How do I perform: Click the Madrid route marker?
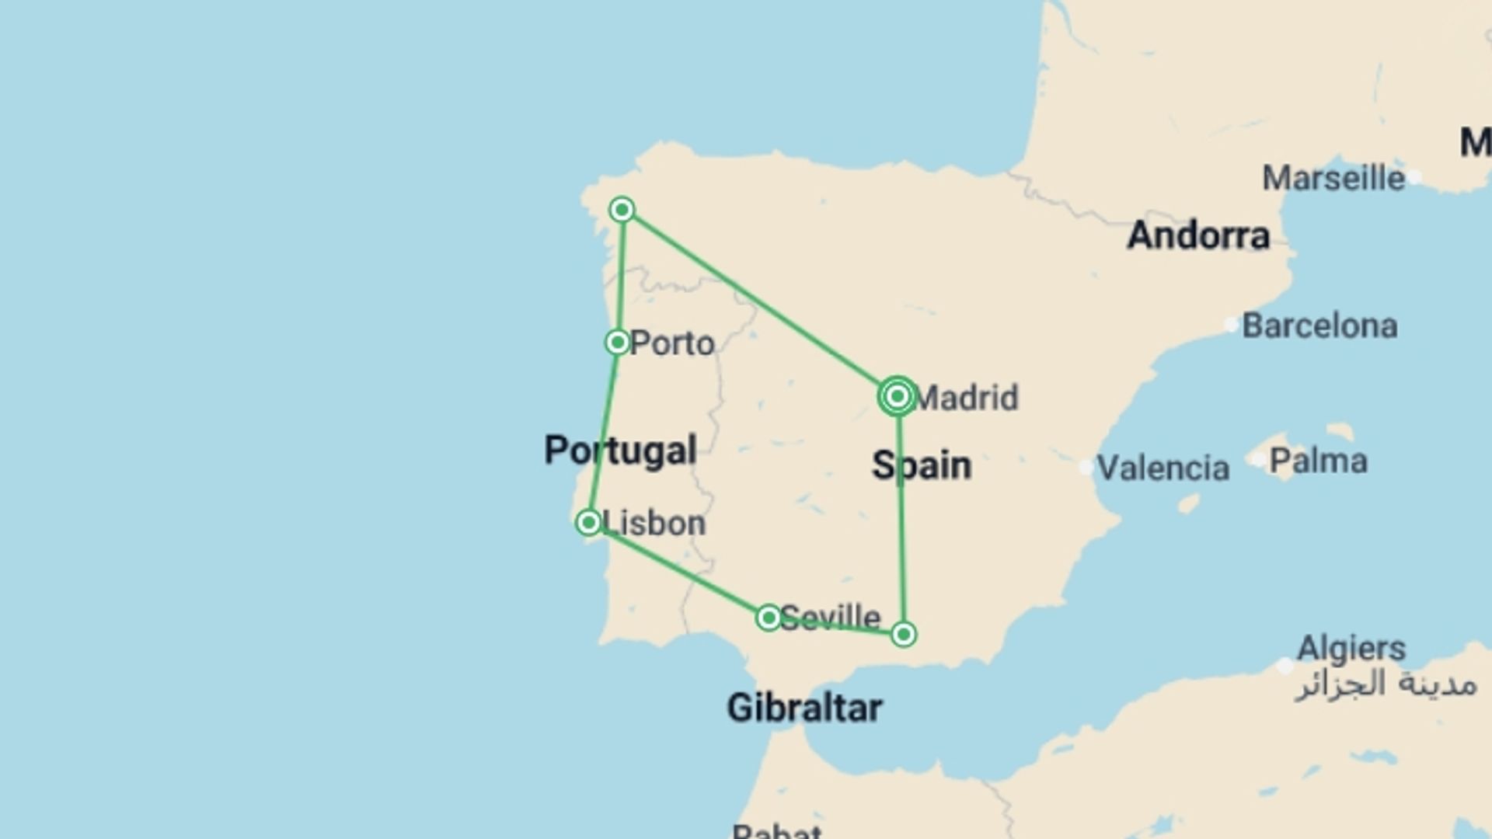click(898, 396)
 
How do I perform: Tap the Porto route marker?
click(618, 342)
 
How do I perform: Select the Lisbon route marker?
click(589, 522)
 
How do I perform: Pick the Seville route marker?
click(769, 618)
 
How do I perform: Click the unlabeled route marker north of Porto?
click(622, 210)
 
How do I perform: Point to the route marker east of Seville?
click(903, 635)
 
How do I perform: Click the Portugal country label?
click(620, 451)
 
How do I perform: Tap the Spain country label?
click(922, 465)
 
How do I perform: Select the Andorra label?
click(1198, 235)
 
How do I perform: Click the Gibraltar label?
click(804, 708)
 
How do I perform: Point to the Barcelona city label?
click(1319, 326)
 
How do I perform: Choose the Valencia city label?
click(1163, 468)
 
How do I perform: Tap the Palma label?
click(1318, 461)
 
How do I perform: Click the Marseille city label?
click(1333, 179)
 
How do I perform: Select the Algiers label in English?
click(1351, 648)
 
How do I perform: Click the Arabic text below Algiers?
click(1386, 684)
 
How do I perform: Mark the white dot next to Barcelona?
click(1231, 325)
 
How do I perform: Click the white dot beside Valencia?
click(1086, 468)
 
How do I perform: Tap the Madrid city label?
click(966, 398)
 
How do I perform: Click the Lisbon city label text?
click(654, 524)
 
